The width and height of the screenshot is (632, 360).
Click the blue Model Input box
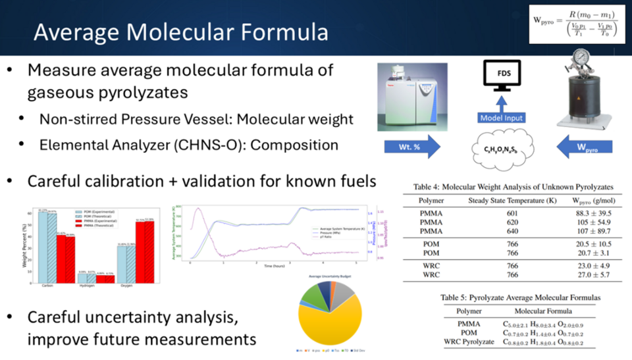coord(502,117)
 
